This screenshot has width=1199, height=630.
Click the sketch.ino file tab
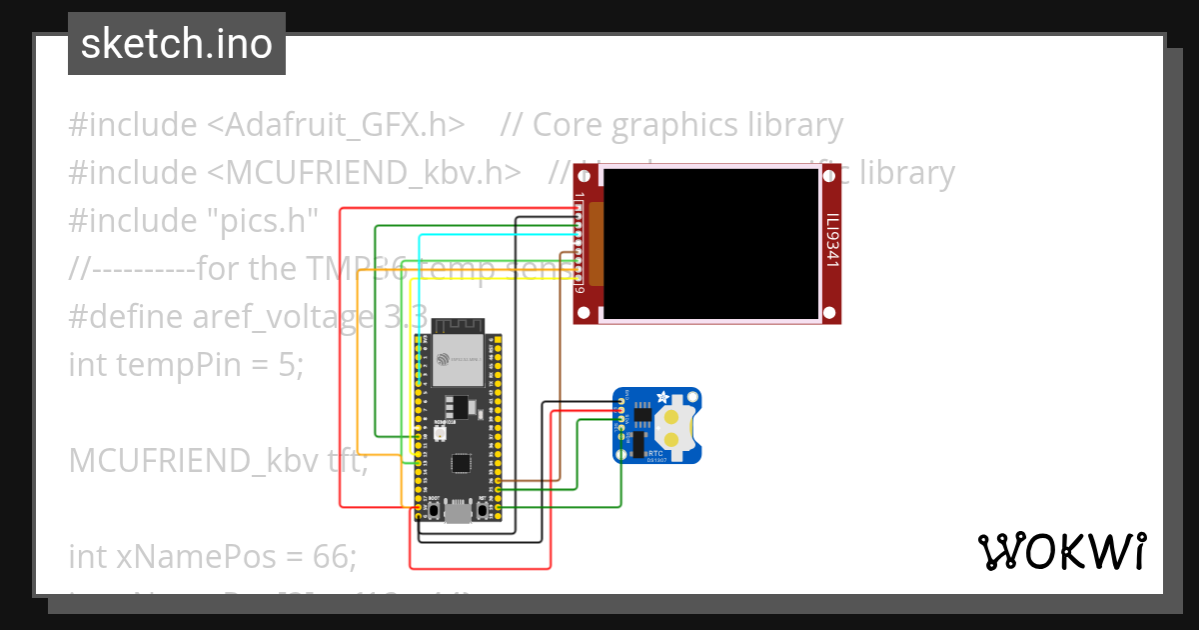177,44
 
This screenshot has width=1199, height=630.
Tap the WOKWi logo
1061,551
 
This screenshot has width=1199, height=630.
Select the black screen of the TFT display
709,243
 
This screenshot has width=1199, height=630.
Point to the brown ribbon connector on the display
597,243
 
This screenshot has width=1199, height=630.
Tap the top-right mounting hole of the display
828,175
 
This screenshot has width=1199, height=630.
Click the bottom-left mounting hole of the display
587,313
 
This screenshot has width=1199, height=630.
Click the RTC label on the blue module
654,453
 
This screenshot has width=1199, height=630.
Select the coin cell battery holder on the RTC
674,425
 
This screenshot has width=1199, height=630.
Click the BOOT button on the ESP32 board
434,510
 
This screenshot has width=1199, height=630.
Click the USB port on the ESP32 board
459,513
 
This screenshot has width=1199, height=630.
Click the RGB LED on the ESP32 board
441,436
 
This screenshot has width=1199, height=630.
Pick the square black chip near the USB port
461,463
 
